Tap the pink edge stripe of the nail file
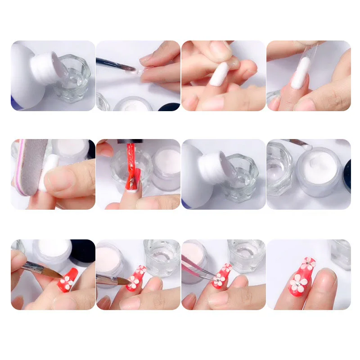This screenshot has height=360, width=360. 19,166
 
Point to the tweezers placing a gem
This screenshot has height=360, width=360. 198,268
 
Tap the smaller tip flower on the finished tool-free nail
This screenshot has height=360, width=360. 309,263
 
